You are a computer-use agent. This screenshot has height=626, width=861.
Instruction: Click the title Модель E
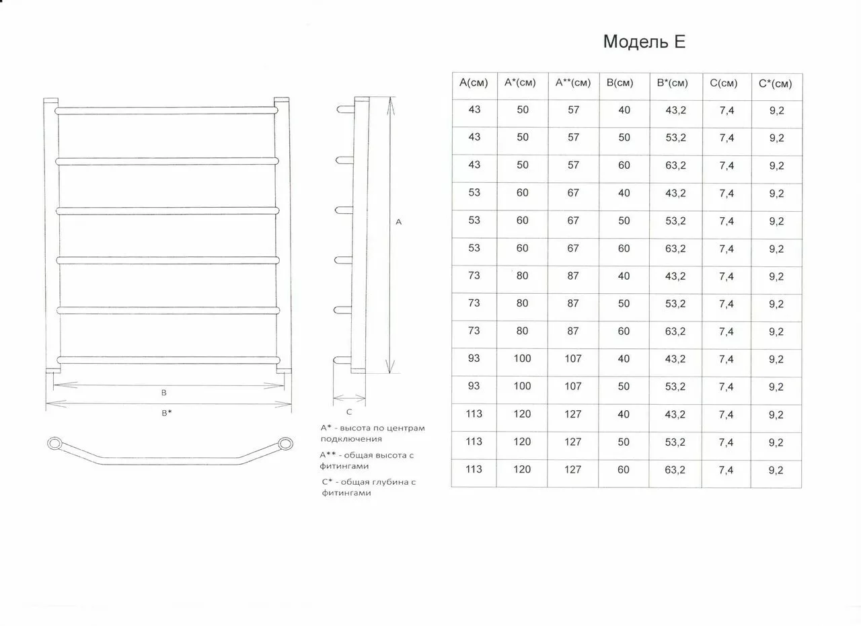(x=644, y=42)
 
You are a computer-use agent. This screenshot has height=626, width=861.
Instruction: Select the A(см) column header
(x=474, y=83)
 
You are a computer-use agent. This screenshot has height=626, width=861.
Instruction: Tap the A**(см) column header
(x=573, y=83)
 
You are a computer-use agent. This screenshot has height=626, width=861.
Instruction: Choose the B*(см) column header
(x=673, y=83)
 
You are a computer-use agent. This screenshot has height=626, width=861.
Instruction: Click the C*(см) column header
(x=775, y=84)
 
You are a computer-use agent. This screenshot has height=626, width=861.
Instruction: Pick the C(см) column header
(x=723, y=83)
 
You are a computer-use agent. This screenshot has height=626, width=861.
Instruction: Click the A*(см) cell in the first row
(x=523, y=109)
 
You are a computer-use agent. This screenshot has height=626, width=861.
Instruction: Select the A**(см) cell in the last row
(x=572, y=469)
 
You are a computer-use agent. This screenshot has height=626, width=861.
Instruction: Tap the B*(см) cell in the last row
(x=675, y=470)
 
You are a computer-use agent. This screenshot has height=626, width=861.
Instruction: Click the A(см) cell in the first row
(x=474, y=109)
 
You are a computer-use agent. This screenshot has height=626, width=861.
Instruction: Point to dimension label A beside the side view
(x=398, y=221)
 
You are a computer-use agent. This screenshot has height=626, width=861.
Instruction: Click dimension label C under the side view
(x=348, y=412)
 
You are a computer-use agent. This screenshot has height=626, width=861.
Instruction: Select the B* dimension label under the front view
(x=166, y=413)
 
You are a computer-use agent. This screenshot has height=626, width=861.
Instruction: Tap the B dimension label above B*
(x=163, y=392)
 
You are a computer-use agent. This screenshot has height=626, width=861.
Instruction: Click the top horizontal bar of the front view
(x=166, y=110)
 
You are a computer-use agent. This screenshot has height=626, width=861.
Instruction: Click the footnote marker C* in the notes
(x=328, y=481)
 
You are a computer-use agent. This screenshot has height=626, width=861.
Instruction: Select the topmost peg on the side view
(x=344, y=108)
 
